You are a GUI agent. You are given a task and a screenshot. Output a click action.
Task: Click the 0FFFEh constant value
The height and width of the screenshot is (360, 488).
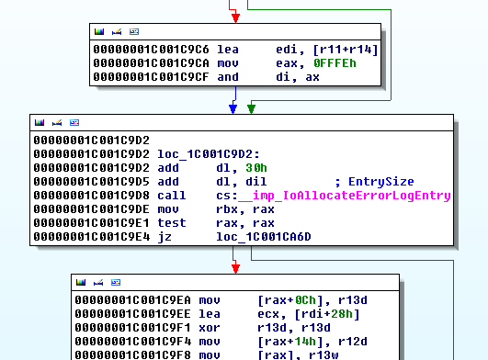[301, 62]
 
